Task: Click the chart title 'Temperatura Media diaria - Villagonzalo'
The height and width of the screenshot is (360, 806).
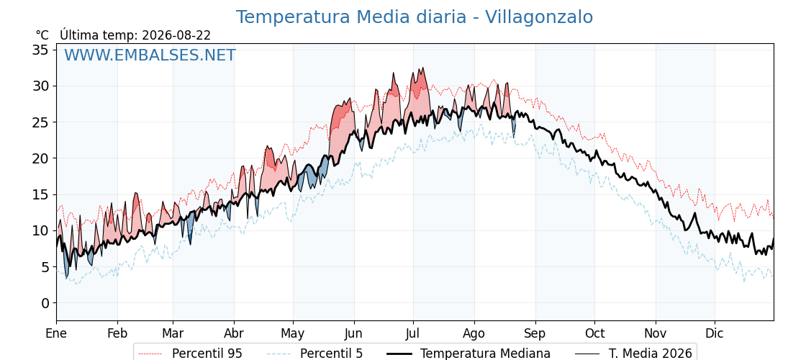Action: [x=415, y=17]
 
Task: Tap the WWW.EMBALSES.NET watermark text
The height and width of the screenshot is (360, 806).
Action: [x=150, y=55]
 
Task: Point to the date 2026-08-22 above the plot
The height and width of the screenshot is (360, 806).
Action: [x=176, y=35]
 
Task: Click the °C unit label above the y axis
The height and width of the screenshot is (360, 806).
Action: [x=42, y=35]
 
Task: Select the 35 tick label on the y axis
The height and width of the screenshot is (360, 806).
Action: [x=41, y=50]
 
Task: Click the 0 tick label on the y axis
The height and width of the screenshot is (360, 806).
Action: [x=45, y=303]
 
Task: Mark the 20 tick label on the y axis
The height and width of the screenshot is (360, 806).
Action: [x=41, y=158]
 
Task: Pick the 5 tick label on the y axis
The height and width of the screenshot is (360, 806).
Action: [x=45, y=267]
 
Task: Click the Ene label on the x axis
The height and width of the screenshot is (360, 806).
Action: [x=57, y=333]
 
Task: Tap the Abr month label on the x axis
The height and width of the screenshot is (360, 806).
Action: [x=234, y=333]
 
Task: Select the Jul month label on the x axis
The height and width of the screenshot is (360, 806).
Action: [x=413, y=333]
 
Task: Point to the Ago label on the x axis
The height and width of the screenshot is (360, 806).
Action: [x=474, y=334]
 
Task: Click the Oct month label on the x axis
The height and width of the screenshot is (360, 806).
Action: [x=594, y=333]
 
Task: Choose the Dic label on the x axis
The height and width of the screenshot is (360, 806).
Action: [x=715, y=333]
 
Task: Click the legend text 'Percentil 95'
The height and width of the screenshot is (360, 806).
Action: [x=207, y=354]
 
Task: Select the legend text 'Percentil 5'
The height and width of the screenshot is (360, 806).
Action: [x=332, y=354]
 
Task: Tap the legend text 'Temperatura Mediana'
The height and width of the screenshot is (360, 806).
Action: [x=485, y=354]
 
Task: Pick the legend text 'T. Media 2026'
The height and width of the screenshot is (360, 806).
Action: [x=651, y=354]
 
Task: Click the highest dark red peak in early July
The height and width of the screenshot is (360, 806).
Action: [x=422, y=68]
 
